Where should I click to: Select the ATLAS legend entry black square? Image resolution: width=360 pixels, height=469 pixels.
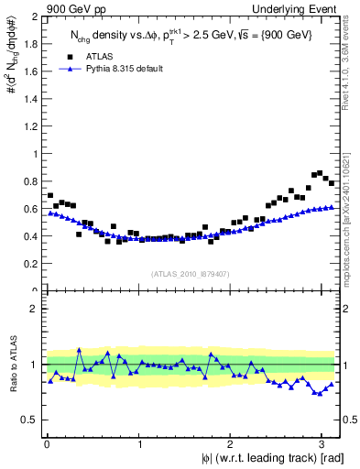coord(70,56)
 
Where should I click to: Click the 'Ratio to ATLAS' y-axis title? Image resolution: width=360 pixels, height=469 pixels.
coord(13,365)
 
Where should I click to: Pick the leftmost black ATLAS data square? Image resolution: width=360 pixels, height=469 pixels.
coord(49,195)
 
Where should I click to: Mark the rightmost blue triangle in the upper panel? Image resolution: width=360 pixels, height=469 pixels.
coord(332,207)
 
